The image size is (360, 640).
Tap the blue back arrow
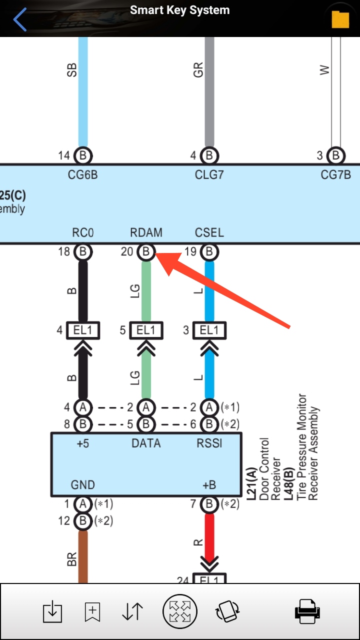pyautogui.click(x=20, y=20)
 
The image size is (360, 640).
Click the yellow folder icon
pyautogui.click(x=340, y=19)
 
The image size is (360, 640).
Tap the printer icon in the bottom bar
pyautogui.click(x=307, y=611)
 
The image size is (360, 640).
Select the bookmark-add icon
pyautogui.click(x=92, y=611)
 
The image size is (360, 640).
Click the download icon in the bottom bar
pyautogui.click(x=51, y=611)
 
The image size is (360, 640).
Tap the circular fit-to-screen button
pyautogui.click(x=180, y=611)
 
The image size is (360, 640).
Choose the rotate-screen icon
pyautogui.click(x=227, y=611)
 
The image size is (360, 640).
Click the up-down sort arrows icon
pyautogui.click(x=132, y=611)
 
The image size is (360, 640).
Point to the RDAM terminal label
pyautogui.click(x=146, y=233)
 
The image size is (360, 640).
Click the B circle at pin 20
pyautogui.click(x=146, y=252)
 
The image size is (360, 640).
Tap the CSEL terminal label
pyautogui.click(x=209, y=233)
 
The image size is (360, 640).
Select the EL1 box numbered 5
pyautogui.click(x=146, y=330)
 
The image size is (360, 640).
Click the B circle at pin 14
pyautogui.click(x=83, y=156)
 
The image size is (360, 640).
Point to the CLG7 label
pyautogui.click(x=209, y=175)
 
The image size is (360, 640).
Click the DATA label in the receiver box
pyautogui.click(x=146, y=443)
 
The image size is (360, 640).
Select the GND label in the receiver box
pyautogui.click(x=83, y=484)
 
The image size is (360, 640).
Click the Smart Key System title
pyautogui.click(x=180, y=10)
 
